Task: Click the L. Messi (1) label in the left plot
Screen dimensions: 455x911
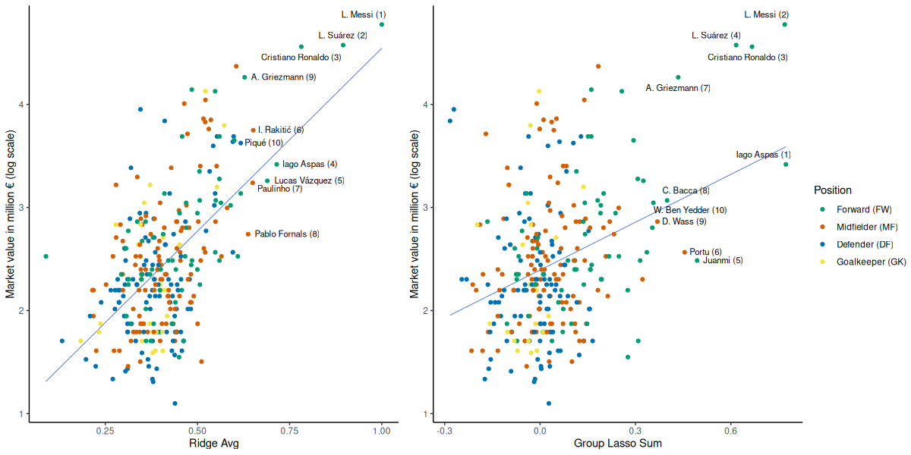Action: point(364,14)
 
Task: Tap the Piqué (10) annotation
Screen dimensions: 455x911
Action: point(263,143)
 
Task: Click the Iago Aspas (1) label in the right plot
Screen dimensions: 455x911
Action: point(763,155)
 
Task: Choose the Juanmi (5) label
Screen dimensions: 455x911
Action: point(723,261)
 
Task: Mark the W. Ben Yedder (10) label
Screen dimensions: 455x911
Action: point(689,210)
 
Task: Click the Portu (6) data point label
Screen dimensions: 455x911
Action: point(705,252)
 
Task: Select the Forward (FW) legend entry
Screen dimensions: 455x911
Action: point(864,209)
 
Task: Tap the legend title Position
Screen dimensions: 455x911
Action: point(832,190)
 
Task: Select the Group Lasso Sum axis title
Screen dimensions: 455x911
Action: point(617,444)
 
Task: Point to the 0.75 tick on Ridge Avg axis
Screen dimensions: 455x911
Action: point(289,430)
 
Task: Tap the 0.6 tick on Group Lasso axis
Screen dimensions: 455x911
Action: point(730,430)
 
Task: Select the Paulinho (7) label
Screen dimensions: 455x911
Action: point(280,189)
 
